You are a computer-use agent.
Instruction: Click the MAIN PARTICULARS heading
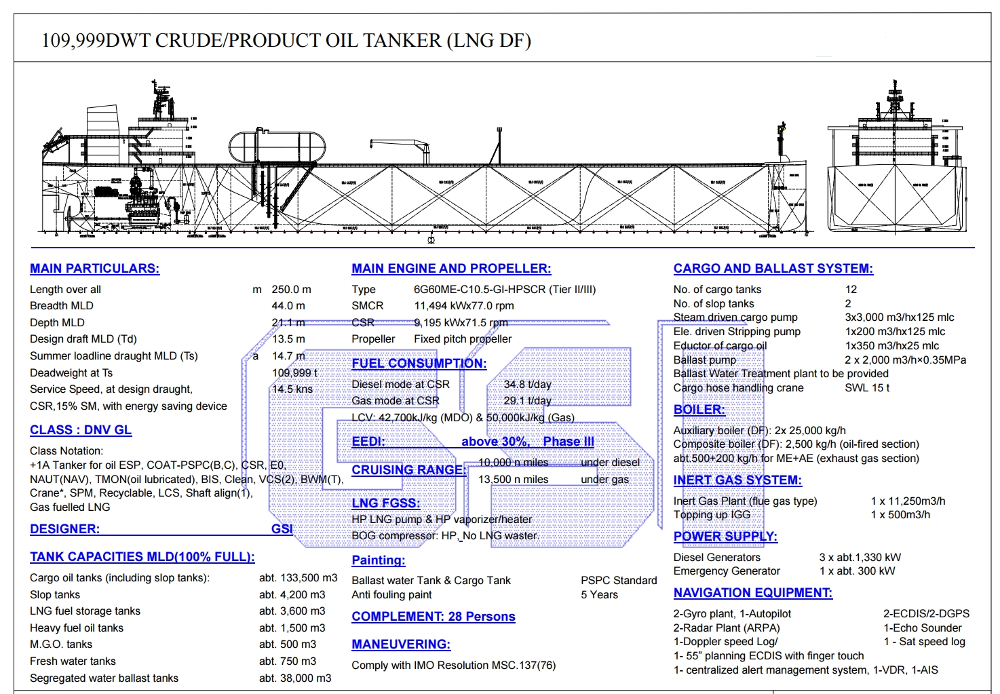pyautogui.click(x=94, y=269)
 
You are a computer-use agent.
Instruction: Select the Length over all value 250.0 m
pyautogui.click(x=291, y=290)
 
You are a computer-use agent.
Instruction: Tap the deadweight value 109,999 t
pyautogui.click(x=294, y=373)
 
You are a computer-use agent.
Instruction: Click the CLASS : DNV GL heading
pyautogui.click(x=81, y=430)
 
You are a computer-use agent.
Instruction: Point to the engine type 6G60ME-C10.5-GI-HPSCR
pyautogui.click(x=504, y=290)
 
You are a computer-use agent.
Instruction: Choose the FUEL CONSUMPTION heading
pyautogui.click(x=419, y=364)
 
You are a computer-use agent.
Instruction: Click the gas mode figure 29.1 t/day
pyautogui.click(x=527, y=401)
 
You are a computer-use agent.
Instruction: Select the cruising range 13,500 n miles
pyautogui.click(x=513, y=480)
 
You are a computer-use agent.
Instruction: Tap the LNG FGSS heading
pyautogui.click(x=385, y=503)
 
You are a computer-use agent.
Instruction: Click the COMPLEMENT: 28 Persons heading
pyautogui.click(x=433, y=617)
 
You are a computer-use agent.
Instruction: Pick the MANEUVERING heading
pyautogui.click(x=400, y=644)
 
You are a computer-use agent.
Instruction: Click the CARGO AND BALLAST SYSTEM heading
pyautogui.click(x=773, y=269)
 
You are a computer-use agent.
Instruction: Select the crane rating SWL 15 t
pyautogui.click(x=866, y=388)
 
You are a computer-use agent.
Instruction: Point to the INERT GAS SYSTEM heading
pyautogui.click(x=737, y=480)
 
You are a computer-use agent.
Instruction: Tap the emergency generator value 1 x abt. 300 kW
pyautogui.click(x=857, y=571)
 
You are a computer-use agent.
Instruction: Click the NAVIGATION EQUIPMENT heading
pyautogui.click(x=752, y=593)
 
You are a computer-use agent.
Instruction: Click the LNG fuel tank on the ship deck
pyautogui.click(x=277, y=146)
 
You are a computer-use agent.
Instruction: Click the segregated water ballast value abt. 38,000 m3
pyautogui.click(x=295, y=678)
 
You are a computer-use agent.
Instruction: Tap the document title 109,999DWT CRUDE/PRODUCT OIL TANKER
pyautogui.click(x=286, y=41)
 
